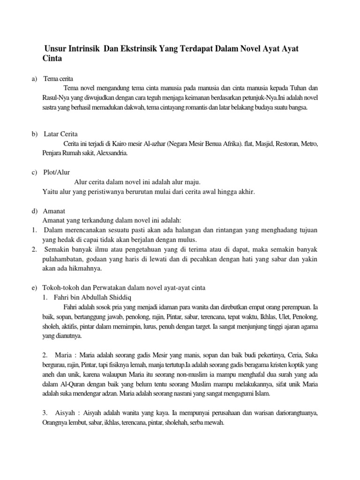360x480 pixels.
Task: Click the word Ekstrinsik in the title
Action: click(139, 49)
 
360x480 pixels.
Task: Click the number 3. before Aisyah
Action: click(45, 413)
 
